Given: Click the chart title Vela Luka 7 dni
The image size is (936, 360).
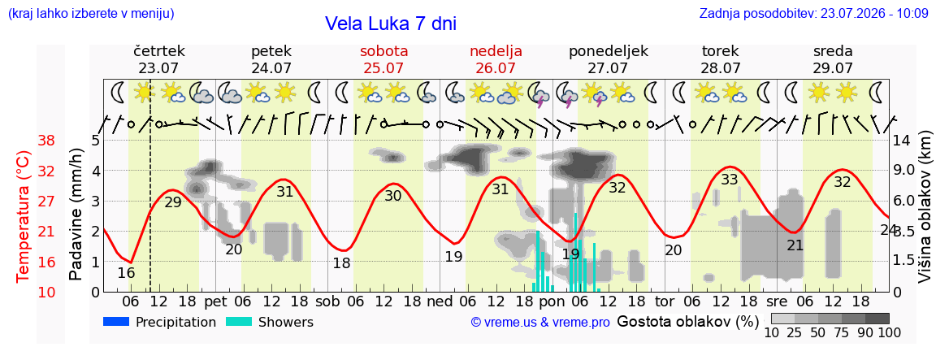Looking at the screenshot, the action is (390, 24).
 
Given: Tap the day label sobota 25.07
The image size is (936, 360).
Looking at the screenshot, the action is (380, 59).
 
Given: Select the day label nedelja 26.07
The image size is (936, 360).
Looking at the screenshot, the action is (496, 59).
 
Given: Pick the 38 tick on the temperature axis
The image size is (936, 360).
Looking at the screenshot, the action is (47, 141).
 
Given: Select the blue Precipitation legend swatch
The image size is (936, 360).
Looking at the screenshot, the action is (117, 322).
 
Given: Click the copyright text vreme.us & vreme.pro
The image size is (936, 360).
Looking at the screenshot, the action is (540, 323).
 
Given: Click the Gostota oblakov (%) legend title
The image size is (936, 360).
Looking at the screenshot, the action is (687, 322).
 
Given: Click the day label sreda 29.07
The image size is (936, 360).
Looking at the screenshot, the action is (832, 59).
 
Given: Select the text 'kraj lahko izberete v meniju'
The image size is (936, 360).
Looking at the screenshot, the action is (91, 14).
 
